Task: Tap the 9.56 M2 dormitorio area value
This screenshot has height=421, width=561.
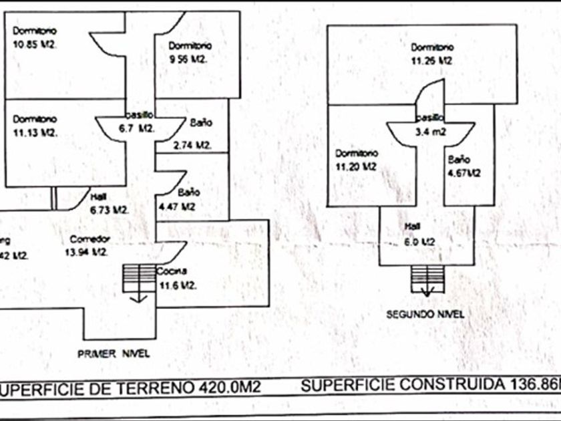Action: [x=190, y=59]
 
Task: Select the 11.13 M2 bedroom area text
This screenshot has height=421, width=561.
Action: [x=35, y=132]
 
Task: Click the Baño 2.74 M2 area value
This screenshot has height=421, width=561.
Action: [x=192, y=145]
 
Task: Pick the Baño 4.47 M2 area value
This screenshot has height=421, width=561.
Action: [x=176, y=206]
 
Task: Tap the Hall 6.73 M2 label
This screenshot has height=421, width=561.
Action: [x=108, y=209]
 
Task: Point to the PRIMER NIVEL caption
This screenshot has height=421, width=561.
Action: [x=114, y=354]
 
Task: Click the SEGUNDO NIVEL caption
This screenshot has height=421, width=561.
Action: [x=426, y=313]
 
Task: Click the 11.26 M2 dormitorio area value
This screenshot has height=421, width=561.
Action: [x=432, y=60]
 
